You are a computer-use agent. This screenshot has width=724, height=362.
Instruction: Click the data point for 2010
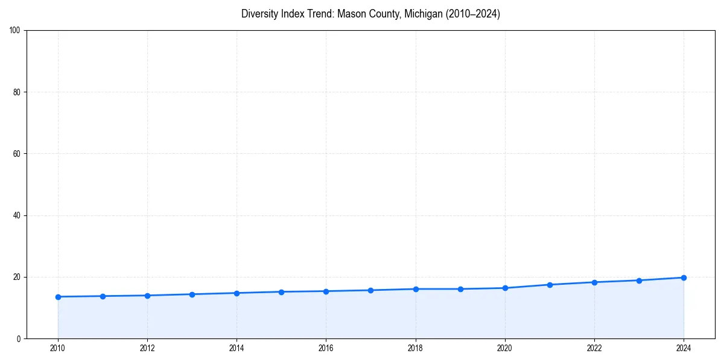(58, 297)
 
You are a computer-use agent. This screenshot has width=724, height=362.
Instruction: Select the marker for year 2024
(684, 278)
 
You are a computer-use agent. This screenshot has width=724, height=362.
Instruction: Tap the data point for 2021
(550, 285)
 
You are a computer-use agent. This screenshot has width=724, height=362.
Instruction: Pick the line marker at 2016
(326, 291)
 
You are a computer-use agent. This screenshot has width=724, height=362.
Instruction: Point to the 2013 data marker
(192, 294)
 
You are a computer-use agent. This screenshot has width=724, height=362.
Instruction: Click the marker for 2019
(460, 289)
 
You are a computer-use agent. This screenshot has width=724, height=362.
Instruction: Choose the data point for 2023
(639, 281)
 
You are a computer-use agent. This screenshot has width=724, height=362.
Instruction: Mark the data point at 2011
(103, 296)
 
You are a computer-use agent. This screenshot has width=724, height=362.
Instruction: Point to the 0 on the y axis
(19, 338)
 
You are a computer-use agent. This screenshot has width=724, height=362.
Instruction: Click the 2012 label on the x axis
(147, 348)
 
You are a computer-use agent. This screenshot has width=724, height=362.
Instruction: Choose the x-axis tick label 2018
(415, 348)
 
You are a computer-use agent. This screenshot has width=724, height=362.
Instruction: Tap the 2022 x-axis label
(594, 348)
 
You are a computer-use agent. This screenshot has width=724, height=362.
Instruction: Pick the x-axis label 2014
(237, 348)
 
